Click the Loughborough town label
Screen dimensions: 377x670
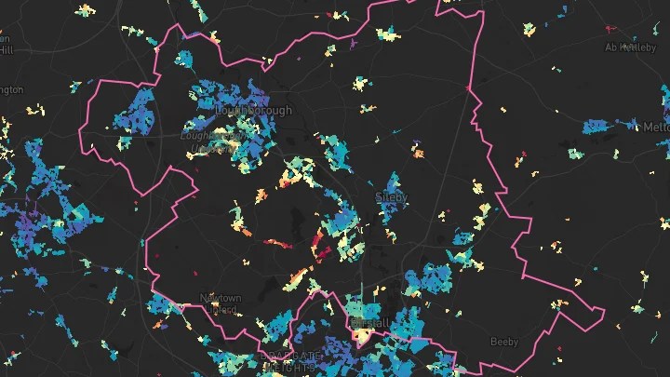(253, 110)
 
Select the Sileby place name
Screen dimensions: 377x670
(391, 197)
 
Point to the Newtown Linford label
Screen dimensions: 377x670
(221, 303)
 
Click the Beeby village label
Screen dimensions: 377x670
(504, 342)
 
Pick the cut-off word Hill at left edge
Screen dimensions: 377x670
(6, 50)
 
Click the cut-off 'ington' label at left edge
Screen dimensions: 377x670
(10, 90)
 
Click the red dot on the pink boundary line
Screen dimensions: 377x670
(468, 88)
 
